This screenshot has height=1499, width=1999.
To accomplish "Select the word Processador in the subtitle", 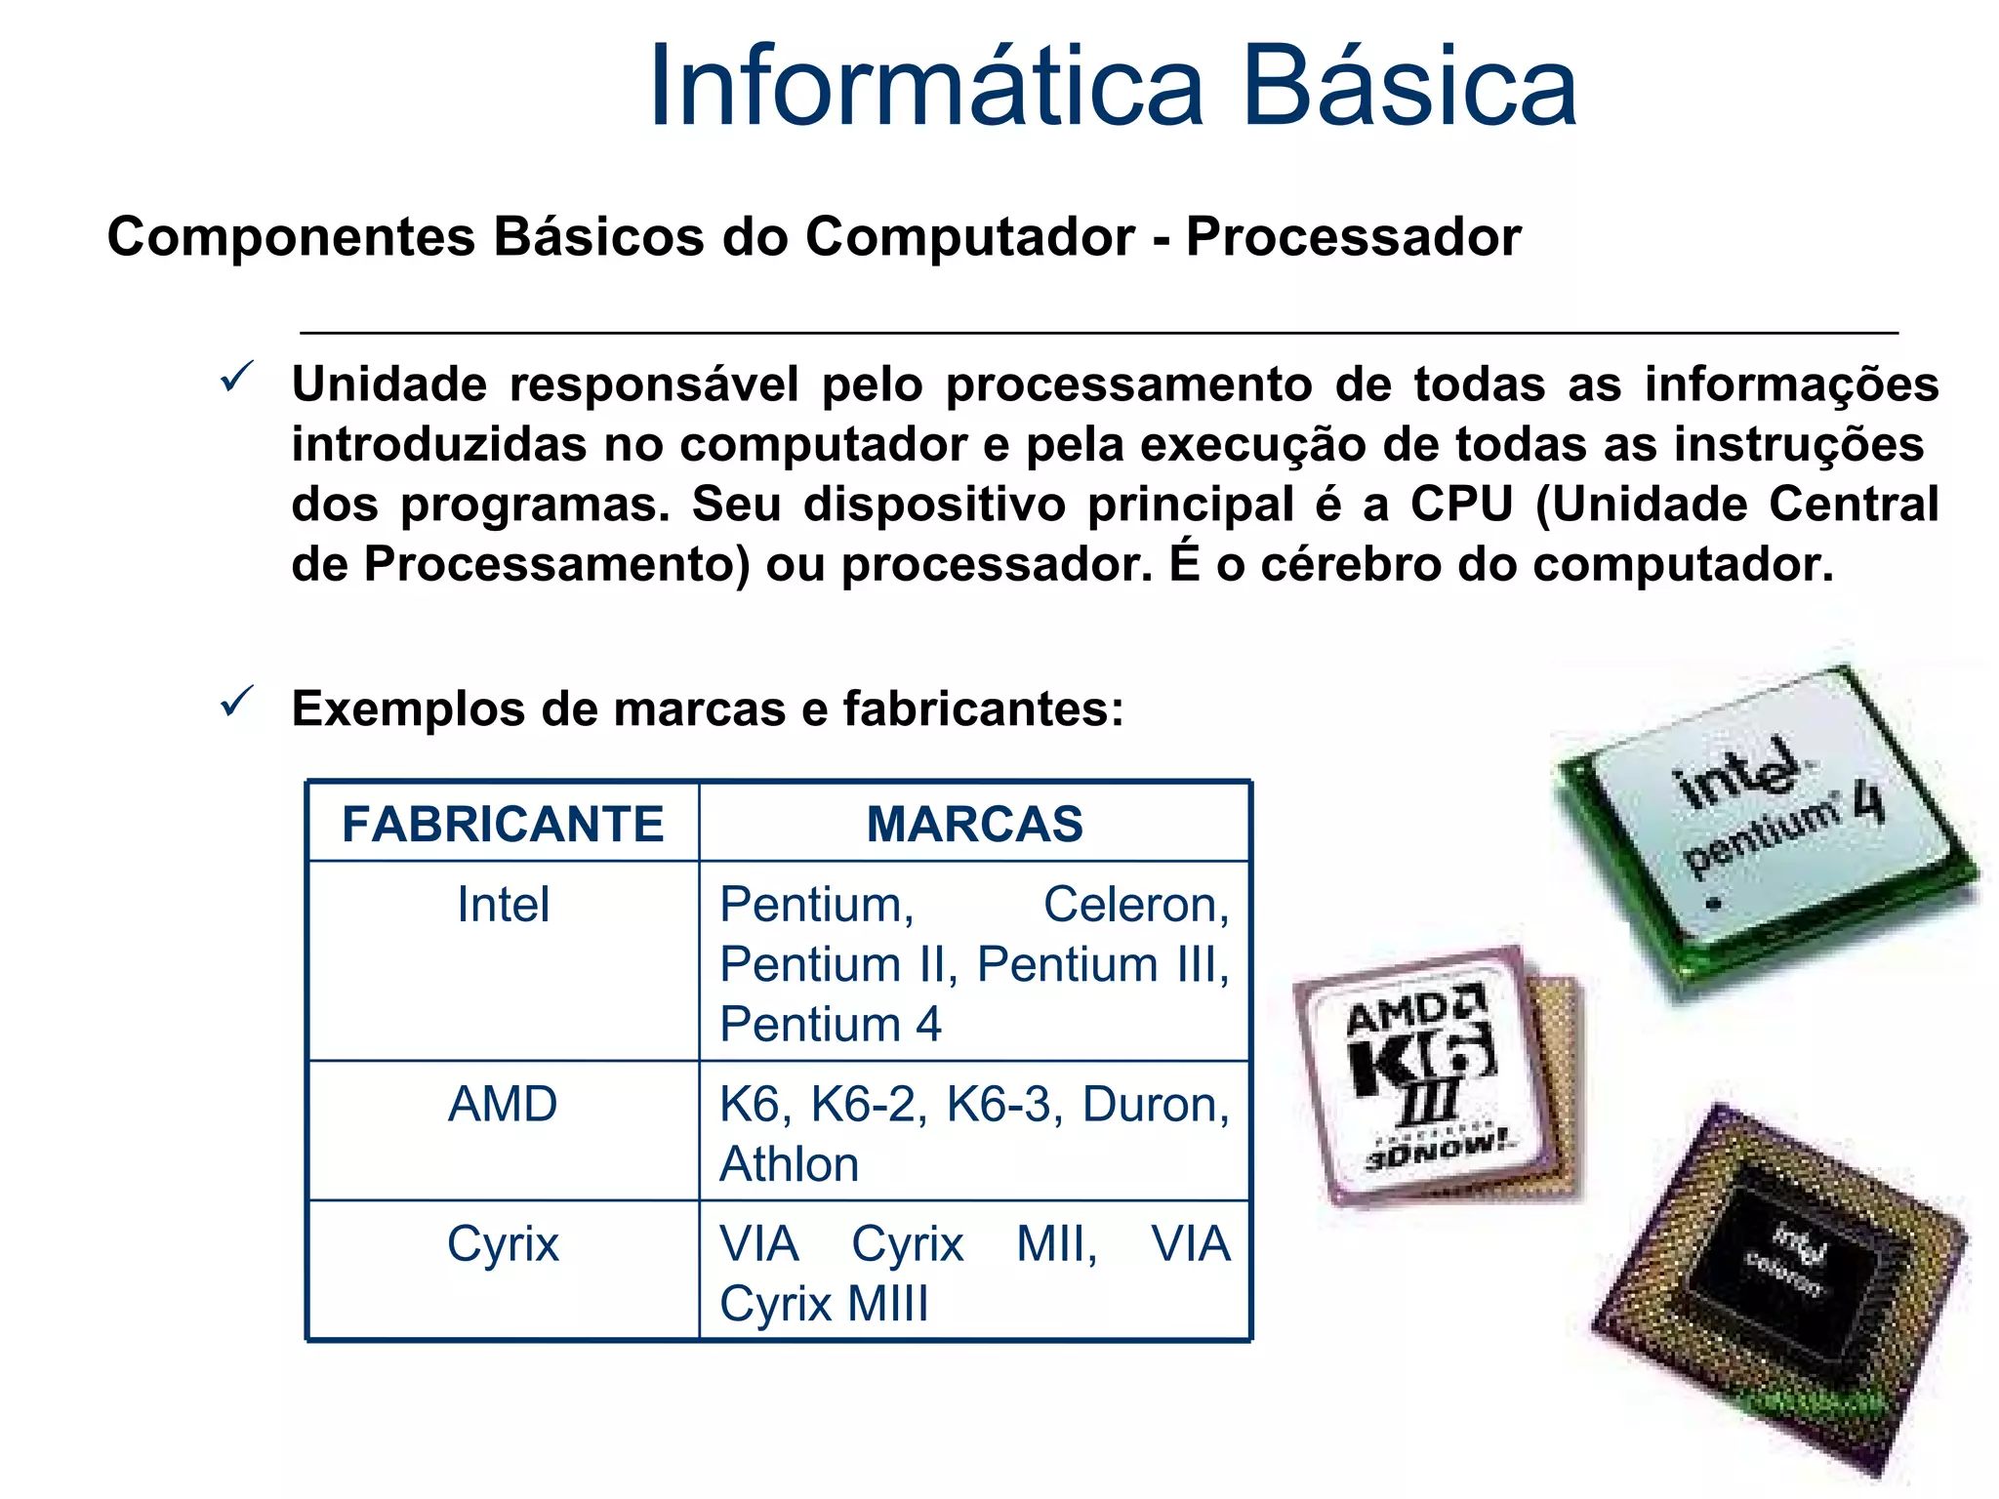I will pyautogui.click(x=1353, y=237).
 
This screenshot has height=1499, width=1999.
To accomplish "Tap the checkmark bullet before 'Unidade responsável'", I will pyautogui.click(x=237, y=377).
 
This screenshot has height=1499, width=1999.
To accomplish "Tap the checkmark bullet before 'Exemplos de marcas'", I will pyautogui.click(x=237, y=702).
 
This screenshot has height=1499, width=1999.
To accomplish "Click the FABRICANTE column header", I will pyautogui.click(x=503, y=824).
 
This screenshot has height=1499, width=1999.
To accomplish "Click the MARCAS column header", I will pyautogui.click(x=974, y=824).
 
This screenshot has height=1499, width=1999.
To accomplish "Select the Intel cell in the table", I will pyautogui.click(x=503, y=905).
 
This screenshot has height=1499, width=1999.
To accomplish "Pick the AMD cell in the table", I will pyautogui.click(x=503, y=1105).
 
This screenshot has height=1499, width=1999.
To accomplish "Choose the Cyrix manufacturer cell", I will pyautogui.click(x=503, y=1244).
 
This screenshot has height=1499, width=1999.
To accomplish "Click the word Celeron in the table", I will pyautogui.click(x=1134, y=905).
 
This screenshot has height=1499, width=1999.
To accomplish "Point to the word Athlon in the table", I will pyautogui.click(x=789, y=1164).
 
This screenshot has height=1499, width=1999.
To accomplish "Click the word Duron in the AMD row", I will pyautogui.click(x=1154, y=1105).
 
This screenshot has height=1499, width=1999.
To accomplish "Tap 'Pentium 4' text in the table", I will pyautogui.click(x=830, y=1025).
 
